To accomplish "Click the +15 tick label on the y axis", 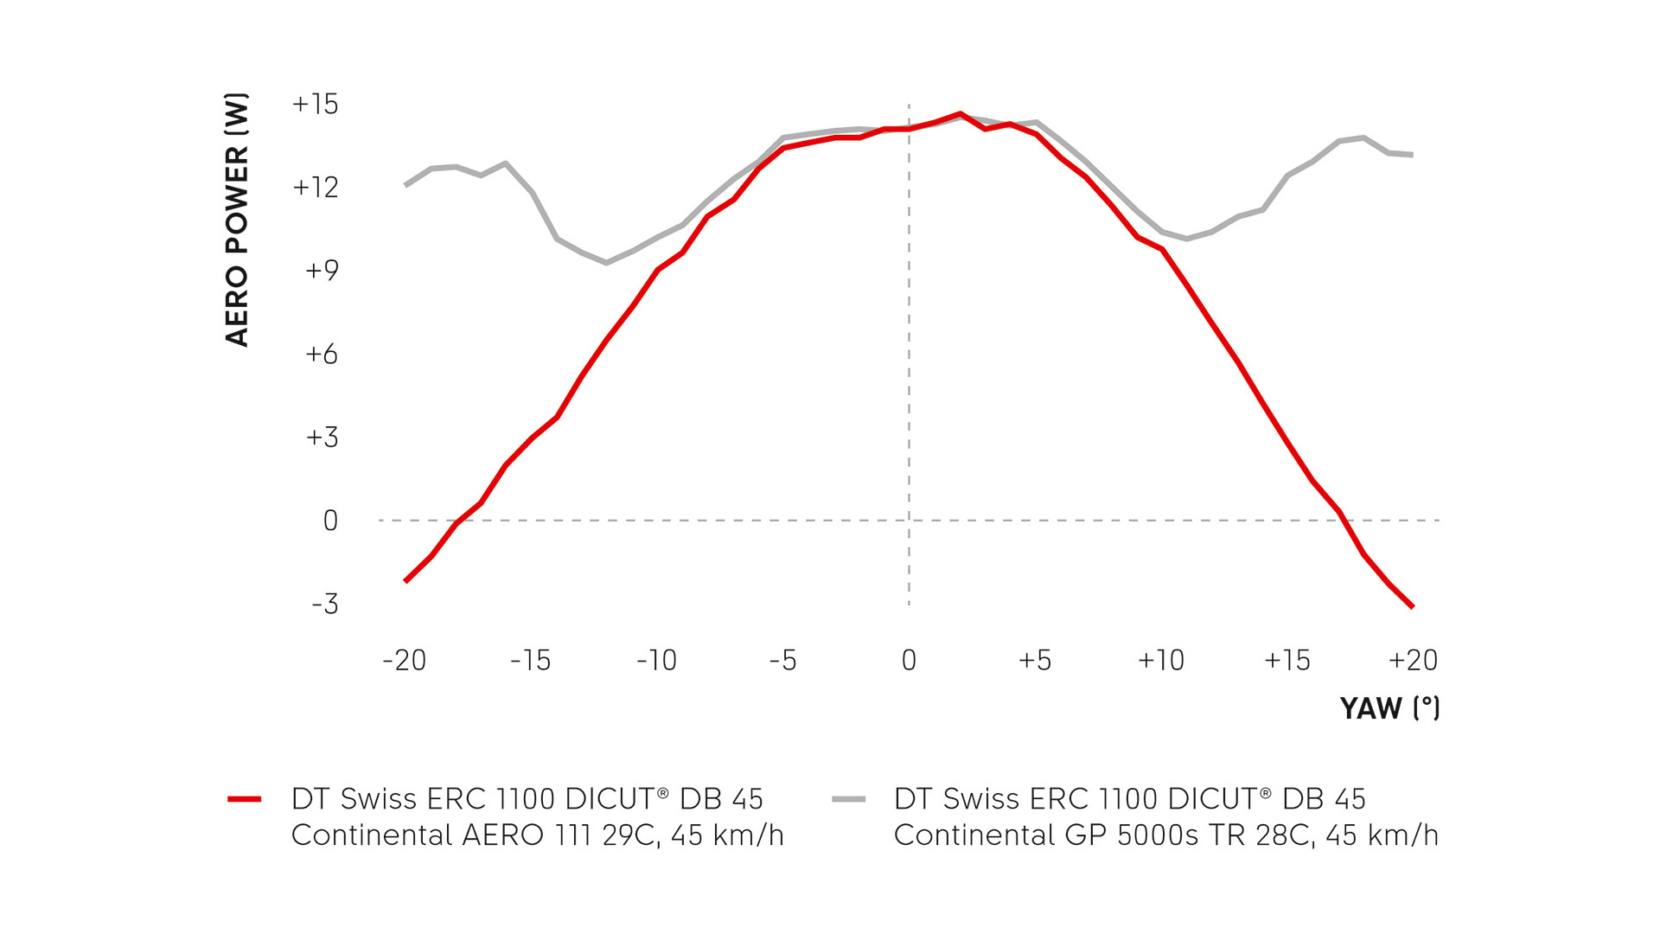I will coord(316,105).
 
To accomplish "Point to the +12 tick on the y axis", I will coord(316,188).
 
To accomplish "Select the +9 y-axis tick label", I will coord(322,271).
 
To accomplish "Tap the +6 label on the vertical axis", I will coord(322,355).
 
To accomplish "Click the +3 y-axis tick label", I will coord(322,438).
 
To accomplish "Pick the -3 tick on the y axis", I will coord(325,604).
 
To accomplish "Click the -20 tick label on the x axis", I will coord(405,661).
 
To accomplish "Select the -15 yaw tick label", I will coord(530,661).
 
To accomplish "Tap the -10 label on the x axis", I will coord(656,661).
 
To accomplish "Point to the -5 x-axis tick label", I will coord(782,661).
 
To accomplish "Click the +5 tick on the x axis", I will coord(1035,661).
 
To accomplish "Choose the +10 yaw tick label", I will coord(1160,661).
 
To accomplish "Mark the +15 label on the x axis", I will coord(1287,661).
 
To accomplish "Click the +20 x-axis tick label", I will coord(1413,661).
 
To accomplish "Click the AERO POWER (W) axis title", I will coord(236,220).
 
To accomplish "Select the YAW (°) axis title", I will coord(1389,708).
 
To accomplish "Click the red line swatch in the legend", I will coord(245,799).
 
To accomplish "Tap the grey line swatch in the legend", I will coord(848,799).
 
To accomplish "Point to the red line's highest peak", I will coord(960,113).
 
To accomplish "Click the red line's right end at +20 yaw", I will coord(1412,607).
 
